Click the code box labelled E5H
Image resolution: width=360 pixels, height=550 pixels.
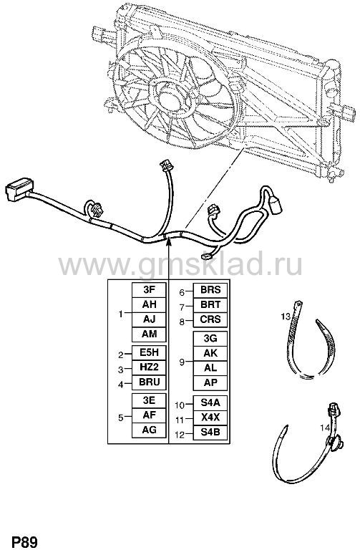click(x=149, y=352)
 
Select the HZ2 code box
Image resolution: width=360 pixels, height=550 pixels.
click(x=149, y=367)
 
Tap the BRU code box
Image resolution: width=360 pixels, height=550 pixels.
click(x=149, y=382)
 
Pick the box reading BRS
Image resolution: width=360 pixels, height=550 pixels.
click(x=210, y=290)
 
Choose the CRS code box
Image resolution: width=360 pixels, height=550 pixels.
click(x=210, y=319)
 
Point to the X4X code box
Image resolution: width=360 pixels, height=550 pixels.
click(x=210, y=418)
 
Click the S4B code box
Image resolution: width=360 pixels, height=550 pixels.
click(x=210, y=432)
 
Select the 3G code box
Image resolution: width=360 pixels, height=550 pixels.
click(x=210, y=339)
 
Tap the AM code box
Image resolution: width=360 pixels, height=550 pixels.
click(x=149, y=334)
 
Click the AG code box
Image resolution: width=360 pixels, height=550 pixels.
click(x=149, y=430)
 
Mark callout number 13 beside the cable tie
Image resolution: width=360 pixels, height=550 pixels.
click(x=286, y=317)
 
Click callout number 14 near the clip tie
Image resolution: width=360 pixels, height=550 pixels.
click(x=325, y=428)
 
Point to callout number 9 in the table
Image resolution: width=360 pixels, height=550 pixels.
click(x=182, y=362)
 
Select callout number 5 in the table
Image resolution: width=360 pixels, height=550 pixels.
click(x=120, y=418)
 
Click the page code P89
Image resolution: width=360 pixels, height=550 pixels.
click(x=24, y=542)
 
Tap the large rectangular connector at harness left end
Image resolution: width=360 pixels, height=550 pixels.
click(x=19, y=189)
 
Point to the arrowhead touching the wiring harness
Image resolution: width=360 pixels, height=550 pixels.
click(x=169, y=241)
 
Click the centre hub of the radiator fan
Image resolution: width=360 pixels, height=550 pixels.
click(x=172, y=96)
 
